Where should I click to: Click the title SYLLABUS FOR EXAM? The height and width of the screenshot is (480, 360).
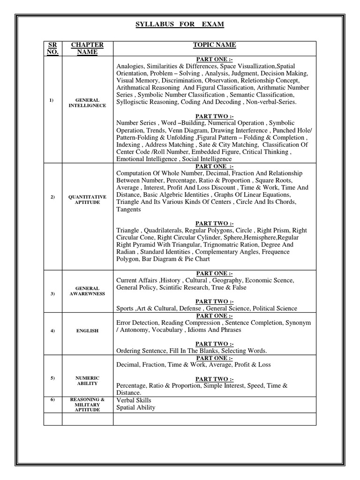[x=180, y=24]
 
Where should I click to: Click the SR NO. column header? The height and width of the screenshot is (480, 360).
[x=52, y=48]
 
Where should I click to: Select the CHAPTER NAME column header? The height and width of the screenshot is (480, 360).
[x=87, y=48]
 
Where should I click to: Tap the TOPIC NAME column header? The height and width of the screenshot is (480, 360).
[x=214, y=45]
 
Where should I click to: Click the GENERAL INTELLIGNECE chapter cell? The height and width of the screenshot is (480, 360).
[x=87, y=103]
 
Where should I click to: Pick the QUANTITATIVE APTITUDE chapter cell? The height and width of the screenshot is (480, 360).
[x=87, y=199]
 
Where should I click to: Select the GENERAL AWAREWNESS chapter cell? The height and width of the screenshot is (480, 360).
[x=87, y=291]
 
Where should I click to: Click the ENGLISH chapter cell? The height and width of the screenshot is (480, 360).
[x=87, y=330]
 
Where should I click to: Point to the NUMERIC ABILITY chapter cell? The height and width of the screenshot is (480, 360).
[x=87, y=380]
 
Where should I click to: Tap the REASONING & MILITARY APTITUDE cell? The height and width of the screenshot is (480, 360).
[x=87, y=405]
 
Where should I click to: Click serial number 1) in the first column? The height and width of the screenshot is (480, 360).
[x=52, y=100]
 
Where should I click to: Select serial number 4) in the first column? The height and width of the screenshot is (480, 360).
[x=52, y=330]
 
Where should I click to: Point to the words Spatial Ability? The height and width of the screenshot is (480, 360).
[x=136, y=407]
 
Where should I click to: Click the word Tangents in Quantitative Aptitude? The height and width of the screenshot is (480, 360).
[x=128, y=210]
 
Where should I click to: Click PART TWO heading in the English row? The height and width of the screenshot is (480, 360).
[x=214, y=344]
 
